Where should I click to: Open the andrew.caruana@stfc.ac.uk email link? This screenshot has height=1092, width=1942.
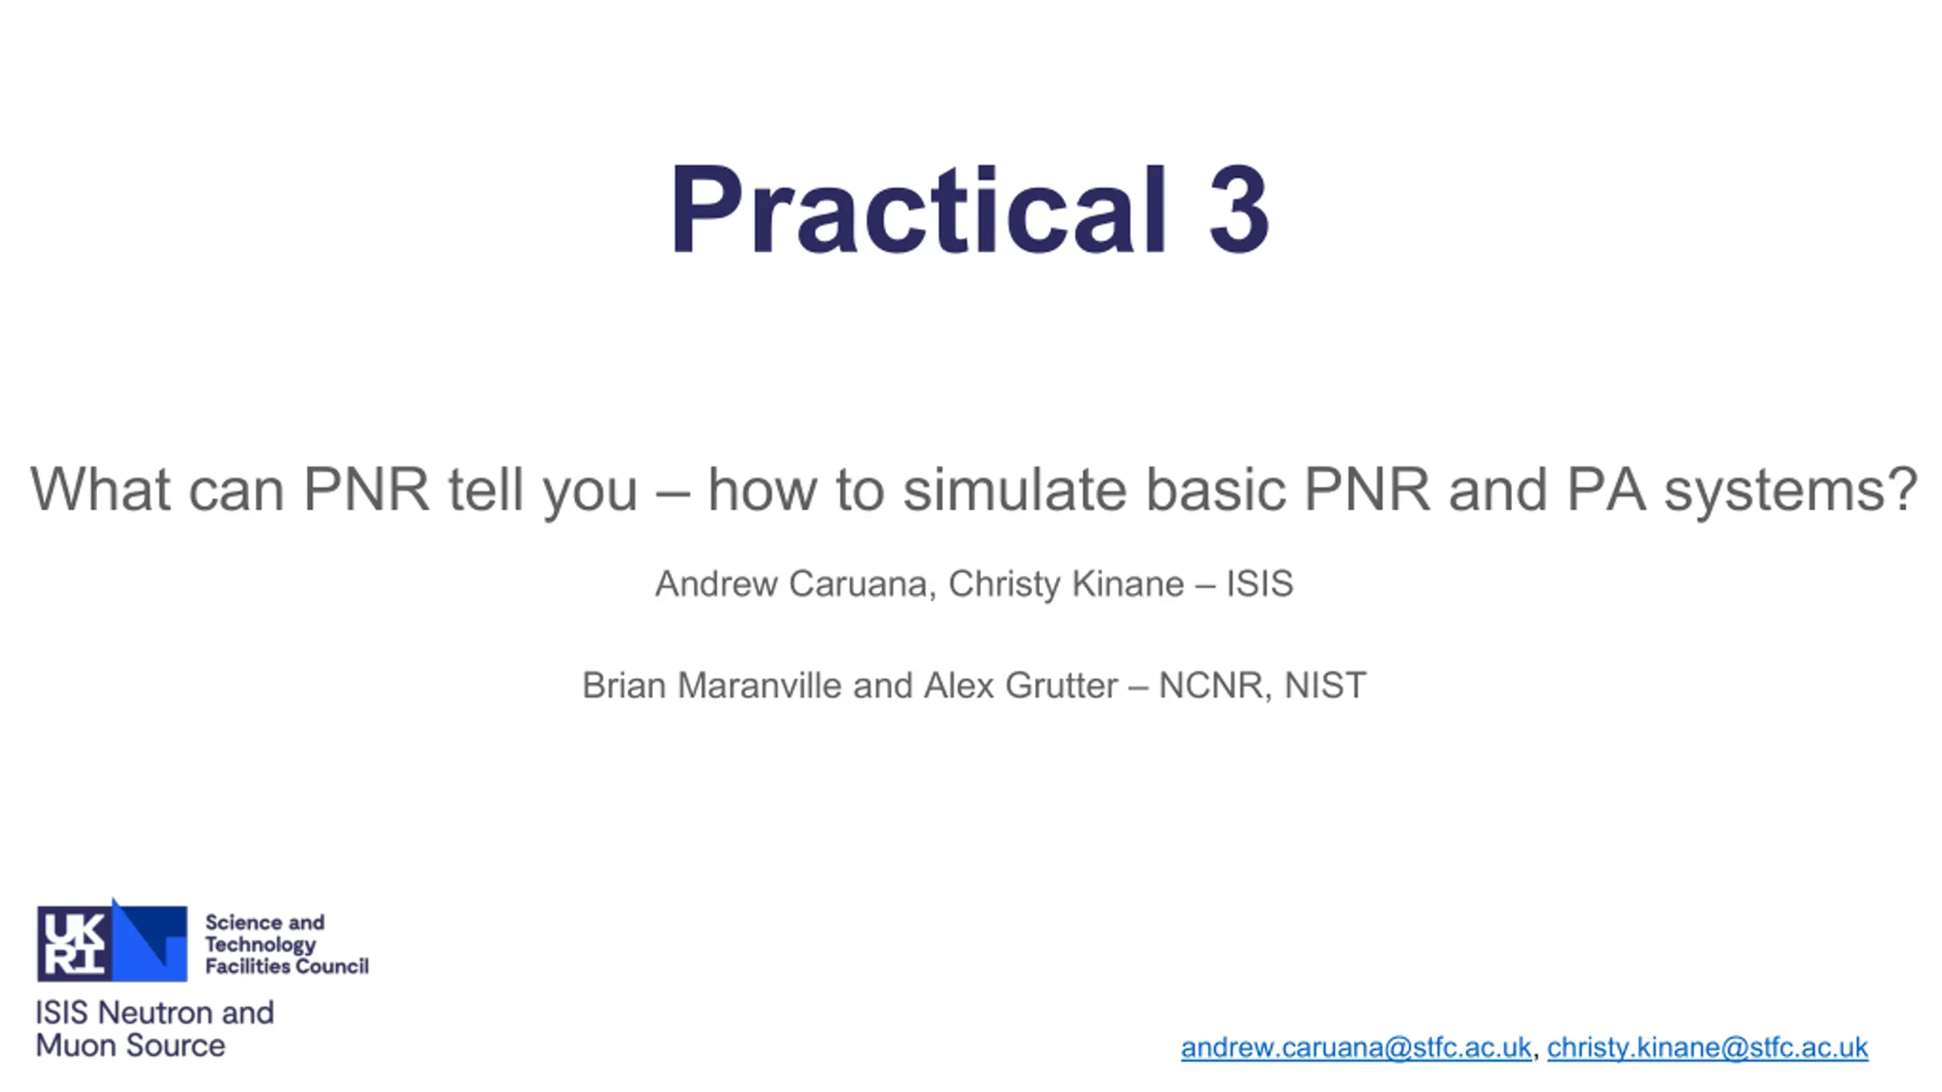pyautogui.click(x=1356, y=1047)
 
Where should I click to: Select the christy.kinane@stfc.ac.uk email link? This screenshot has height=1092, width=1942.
pyautogui.click(x=1707, y=1047)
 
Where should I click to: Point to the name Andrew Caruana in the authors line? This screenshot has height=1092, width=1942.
pyautogui.click(x=791, y=584)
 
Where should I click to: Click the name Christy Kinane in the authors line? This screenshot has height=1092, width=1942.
pyautogui.click(x=1066, y=584)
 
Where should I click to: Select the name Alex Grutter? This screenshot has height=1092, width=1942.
pyautogui.click(x=1020, y=686)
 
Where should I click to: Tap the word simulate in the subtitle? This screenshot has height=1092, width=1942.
pyautogui.click(x=1015, y=490)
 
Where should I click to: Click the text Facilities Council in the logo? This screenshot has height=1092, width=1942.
pyautogui.click(x=287, y=966)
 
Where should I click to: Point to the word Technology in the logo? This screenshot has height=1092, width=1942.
pyautogui.click(x=260, y=945)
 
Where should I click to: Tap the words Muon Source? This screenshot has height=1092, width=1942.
pyautogui.click(x=130, y=1046)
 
